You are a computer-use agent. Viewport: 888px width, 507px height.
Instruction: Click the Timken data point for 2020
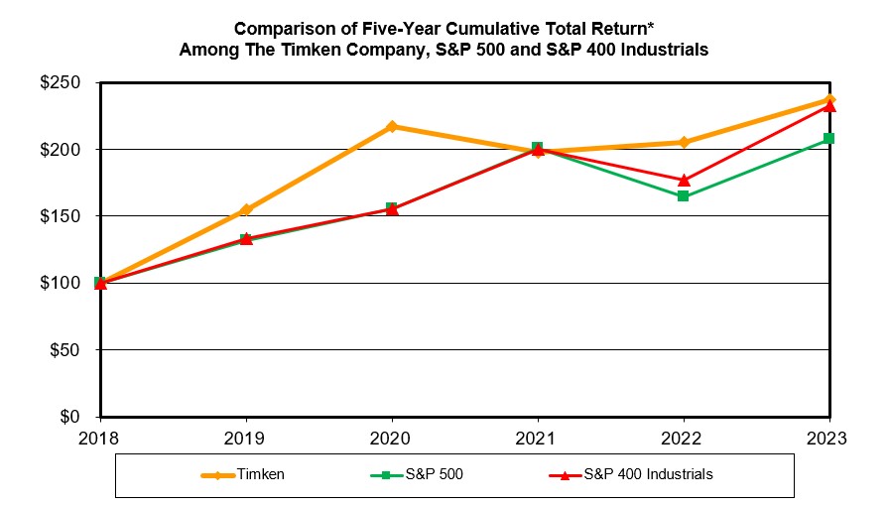[392, 126]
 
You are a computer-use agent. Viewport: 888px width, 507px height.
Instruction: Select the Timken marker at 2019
[246, 209]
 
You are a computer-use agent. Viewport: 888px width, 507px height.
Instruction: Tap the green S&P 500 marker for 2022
[684, 196]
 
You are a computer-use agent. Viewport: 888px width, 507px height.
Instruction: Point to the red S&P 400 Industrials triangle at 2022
[684, 180]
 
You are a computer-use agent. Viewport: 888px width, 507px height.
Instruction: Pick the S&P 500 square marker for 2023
[829, 138]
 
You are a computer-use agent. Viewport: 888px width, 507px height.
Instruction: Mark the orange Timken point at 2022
[684, 142]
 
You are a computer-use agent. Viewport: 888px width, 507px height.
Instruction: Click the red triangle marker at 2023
[829, 105]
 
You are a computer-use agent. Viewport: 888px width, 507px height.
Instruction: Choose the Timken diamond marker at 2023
[829, 99]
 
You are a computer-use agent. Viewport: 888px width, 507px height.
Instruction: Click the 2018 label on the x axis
[100, 437]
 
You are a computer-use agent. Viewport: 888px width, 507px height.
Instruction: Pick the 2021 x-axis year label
[538, 437]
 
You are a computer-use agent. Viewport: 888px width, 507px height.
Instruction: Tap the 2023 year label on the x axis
[829, 437]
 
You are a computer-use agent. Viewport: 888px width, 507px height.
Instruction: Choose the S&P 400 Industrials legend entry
[646, 474]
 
